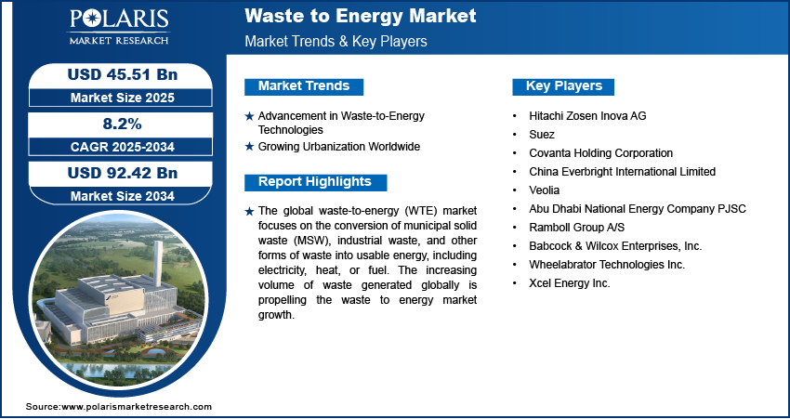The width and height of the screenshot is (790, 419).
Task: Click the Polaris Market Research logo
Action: click(x=119, y=26)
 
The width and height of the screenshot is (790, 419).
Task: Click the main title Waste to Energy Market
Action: click(x=361, y=16)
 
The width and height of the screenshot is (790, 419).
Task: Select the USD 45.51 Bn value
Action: click(x=123, y=75)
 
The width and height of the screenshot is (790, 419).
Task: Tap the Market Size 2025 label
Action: click(x=123, y=98)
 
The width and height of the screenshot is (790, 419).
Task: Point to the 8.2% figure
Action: click(x=123, y=124)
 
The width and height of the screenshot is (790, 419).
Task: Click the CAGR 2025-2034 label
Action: click(x=123, y=147)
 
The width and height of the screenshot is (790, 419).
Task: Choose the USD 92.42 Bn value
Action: click(x=123, y=173)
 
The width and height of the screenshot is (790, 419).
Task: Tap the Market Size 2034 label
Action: click(x=123, y=196)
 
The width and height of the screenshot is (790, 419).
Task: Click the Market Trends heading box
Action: click(x=304, y=86)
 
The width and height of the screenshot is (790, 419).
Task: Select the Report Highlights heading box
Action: click(x=315, y=182)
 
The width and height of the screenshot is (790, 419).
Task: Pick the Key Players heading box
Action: click(x=563, y=86)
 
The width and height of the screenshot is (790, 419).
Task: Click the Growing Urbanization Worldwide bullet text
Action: click(x=339, y=147)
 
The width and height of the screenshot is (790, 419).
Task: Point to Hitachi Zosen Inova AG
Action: click(x=587, y=116)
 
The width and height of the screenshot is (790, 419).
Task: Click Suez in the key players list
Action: click(x=542, y=135)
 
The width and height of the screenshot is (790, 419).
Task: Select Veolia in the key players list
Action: click(x=544, y=190)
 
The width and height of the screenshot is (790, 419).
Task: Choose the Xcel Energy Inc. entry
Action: click(x=570, y=283)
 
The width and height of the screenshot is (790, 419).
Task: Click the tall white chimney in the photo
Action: click(x=158, y=264)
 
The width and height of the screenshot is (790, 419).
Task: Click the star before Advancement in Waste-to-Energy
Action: click(x=249, y=116)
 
